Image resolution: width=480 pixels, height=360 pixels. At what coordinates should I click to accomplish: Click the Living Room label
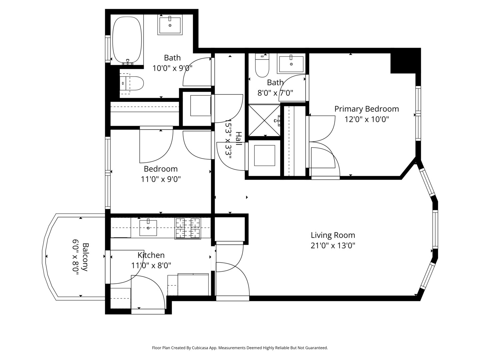(333, 235)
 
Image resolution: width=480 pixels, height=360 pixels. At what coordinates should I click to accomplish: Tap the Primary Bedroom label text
(367, 109)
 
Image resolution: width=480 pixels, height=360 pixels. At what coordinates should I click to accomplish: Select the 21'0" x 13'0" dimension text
(333, 246)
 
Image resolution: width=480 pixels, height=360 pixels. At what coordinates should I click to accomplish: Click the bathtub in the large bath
(127, 40)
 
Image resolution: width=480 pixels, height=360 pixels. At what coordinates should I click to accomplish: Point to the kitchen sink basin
(148, 228)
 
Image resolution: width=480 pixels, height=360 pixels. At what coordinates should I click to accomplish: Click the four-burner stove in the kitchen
(188, 228)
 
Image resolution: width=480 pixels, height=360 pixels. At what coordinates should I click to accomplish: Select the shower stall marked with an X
(264, 120)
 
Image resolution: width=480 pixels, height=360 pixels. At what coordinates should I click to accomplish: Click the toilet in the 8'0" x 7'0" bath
(262, 65)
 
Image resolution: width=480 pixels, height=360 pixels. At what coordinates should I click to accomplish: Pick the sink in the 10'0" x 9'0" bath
(170, 25)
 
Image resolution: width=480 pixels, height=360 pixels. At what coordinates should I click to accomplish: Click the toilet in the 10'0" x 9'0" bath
(132, 83)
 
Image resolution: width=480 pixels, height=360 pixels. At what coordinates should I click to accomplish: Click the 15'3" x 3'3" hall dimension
(228, 139)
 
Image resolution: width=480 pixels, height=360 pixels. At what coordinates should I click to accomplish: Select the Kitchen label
(151, 255)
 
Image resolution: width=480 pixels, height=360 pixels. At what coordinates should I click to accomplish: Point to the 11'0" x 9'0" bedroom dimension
(161, 179)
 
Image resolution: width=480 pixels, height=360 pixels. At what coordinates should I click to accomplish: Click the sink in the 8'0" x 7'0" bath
(291, 64)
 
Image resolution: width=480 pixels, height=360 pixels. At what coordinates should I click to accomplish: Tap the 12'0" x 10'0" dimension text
(367, 120)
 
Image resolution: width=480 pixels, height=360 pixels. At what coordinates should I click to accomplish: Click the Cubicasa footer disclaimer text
(240, 348)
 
